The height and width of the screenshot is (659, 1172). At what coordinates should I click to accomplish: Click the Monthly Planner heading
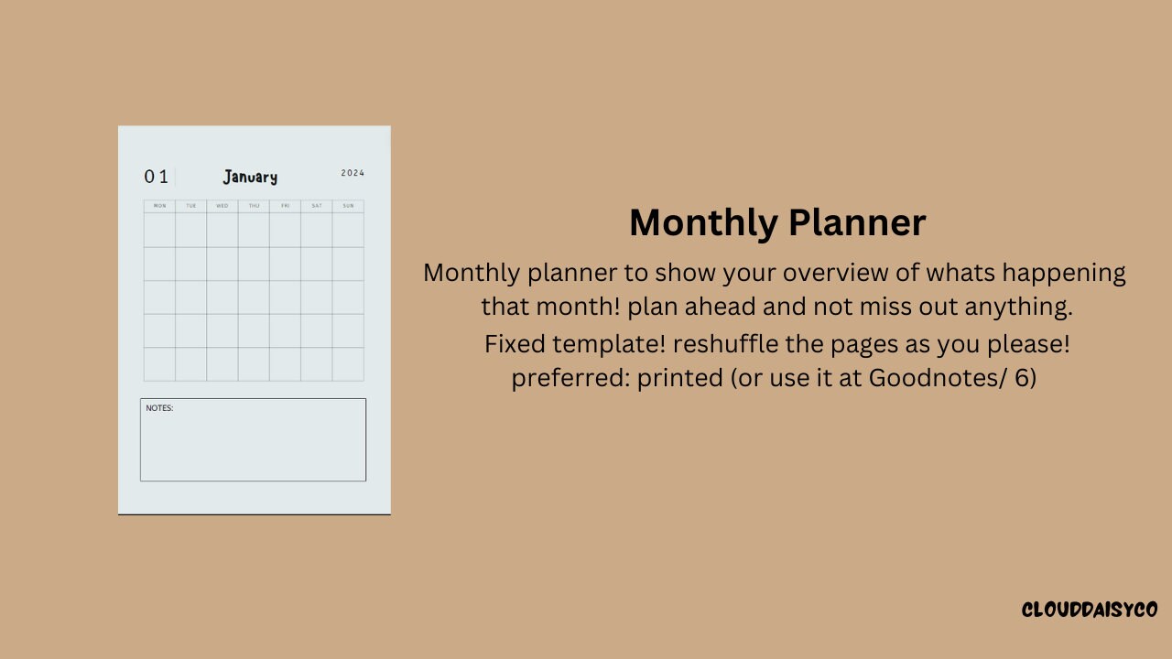click(x=777, y=223)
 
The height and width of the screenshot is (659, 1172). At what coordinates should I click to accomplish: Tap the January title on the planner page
click(x=250, y=177)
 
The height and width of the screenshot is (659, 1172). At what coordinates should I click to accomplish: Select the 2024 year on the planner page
click(x=353, y=173)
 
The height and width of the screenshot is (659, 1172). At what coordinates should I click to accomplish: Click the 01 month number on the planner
click(x=156, y=177)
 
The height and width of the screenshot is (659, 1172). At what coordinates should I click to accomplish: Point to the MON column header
click(x=159, y=206)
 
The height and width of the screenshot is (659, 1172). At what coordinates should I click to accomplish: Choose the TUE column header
click(x=190, y=206)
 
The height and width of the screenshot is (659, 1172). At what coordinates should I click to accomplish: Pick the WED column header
click(x=222, y=206)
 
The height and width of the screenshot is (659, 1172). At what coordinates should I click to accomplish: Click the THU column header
click(x=254, y=206)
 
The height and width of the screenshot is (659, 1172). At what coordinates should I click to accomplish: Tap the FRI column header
click(x=285, y=206)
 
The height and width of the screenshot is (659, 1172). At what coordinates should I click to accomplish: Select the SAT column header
click(x=316, y=206)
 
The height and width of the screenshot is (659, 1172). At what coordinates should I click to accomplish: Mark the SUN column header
click(x=348, y=206)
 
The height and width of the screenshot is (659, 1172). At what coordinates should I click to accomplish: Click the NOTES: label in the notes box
click(x=159, y=408)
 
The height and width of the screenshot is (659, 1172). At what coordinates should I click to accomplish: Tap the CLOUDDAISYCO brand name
click(x=1090, y=610)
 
